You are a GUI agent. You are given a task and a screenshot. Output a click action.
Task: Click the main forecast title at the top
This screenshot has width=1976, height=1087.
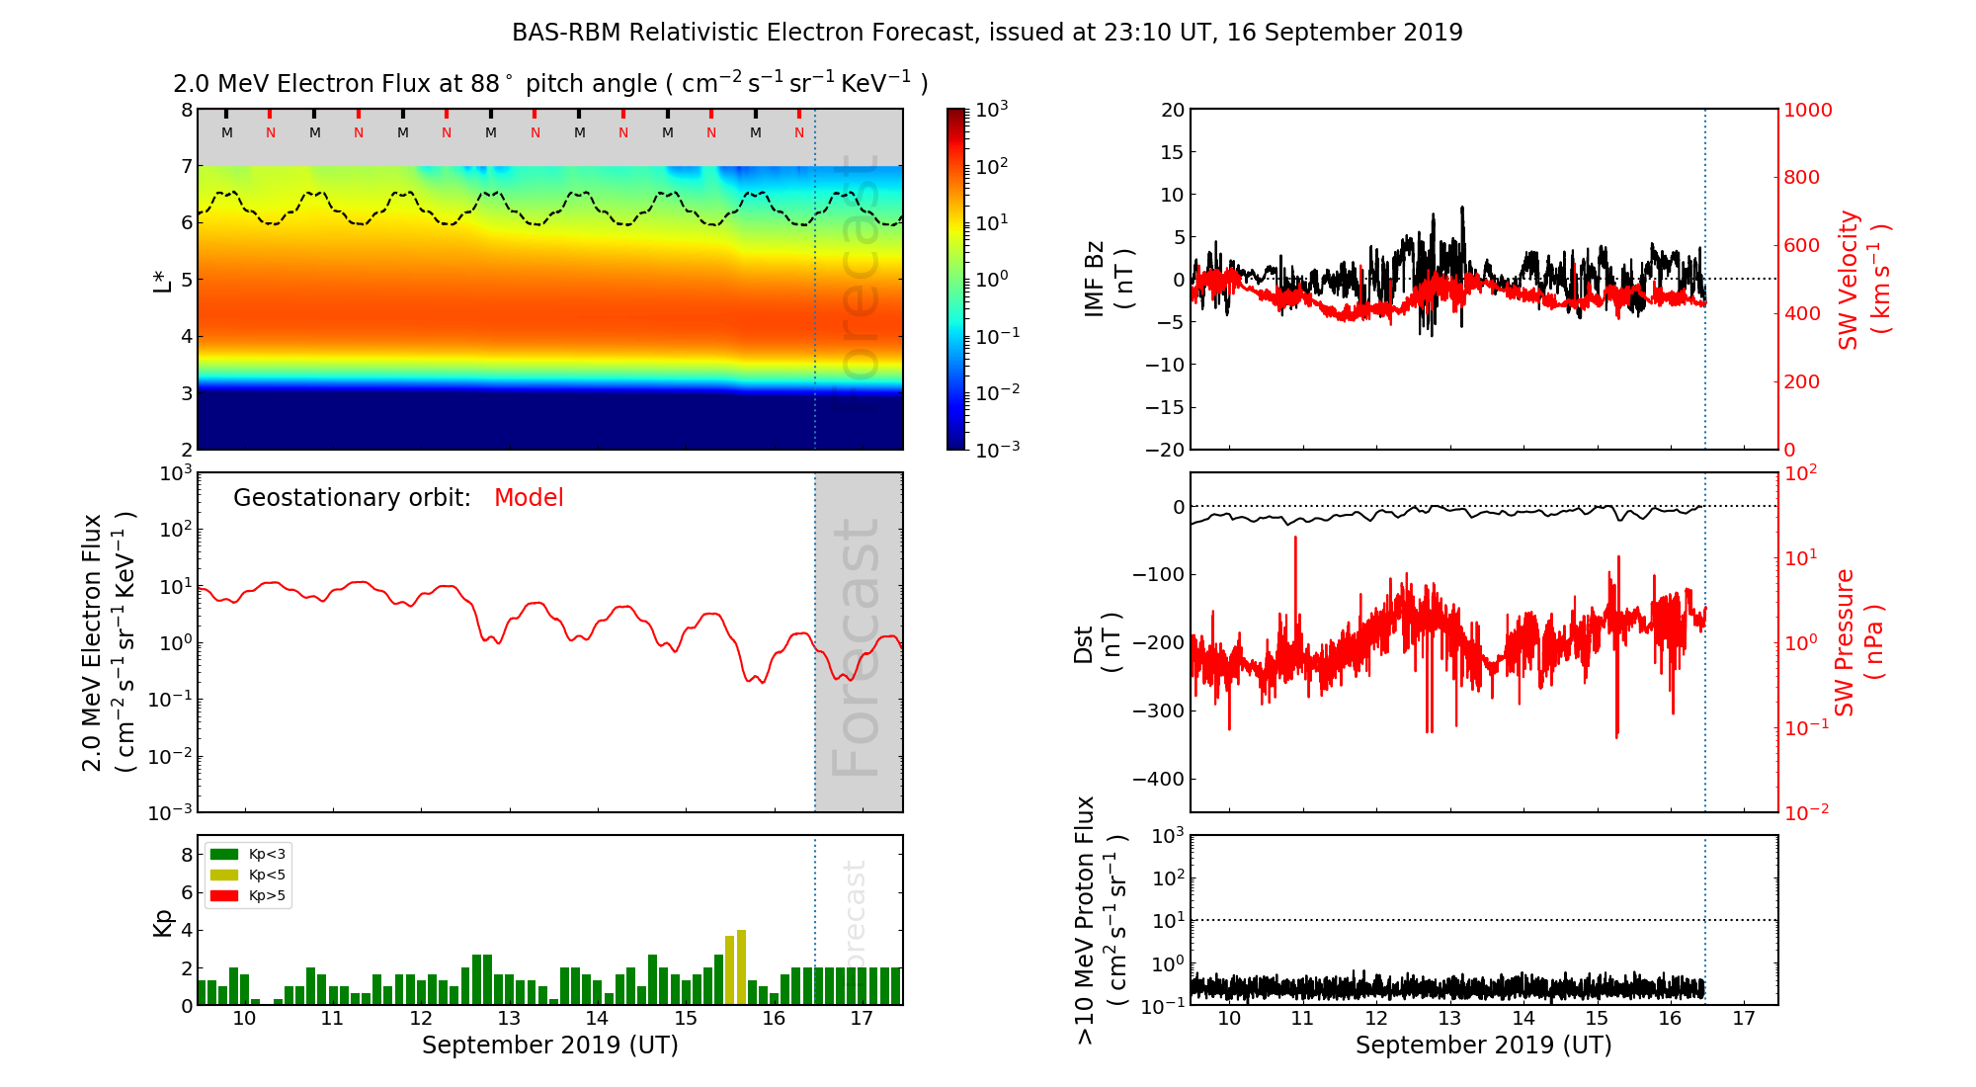987,33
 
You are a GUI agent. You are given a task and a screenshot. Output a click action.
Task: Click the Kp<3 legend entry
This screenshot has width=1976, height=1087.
248,854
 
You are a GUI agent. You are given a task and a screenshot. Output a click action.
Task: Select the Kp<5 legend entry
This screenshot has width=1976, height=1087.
248,875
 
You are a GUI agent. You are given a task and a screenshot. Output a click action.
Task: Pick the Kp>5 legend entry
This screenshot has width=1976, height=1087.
248,896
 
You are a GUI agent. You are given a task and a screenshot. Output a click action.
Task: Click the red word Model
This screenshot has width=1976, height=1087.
529,498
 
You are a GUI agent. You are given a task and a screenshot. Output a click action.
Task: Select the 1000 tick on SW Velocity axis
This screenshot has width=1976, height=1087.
1807,111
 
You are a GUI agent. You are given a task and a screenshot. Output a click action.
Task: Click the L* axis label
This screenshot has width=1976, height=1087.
162,280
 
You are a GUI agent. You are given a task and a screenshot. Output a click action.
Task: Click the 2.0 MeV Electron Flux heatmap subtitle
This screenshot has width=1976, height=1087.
550,84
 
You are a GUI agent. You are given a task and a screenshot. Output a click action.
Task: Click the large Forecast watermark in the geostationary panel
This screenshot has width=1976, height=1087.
856,647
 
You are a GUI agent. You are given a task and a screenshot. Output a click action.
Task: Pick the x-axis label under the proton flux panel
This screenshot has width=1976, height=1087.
1483,1045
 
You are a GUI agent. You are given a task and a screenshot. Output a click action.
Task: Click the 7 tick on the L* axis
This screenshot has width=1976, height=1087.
187,166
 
